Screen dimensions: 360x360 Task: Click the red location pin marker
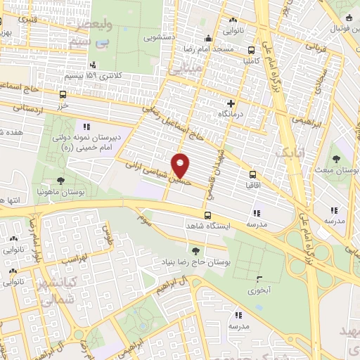(181, 165)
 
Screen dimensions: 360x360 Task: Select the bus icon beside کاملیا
(252, 50)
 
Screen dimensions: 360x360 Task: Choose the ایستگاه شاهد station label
(207, 226)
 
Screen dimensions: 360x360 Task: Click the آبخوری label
(259, 289)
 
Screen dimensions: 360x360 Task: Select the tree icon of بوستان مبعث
(338, 157)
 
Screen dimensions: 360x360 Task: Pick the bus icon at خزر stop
(63, 94)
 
